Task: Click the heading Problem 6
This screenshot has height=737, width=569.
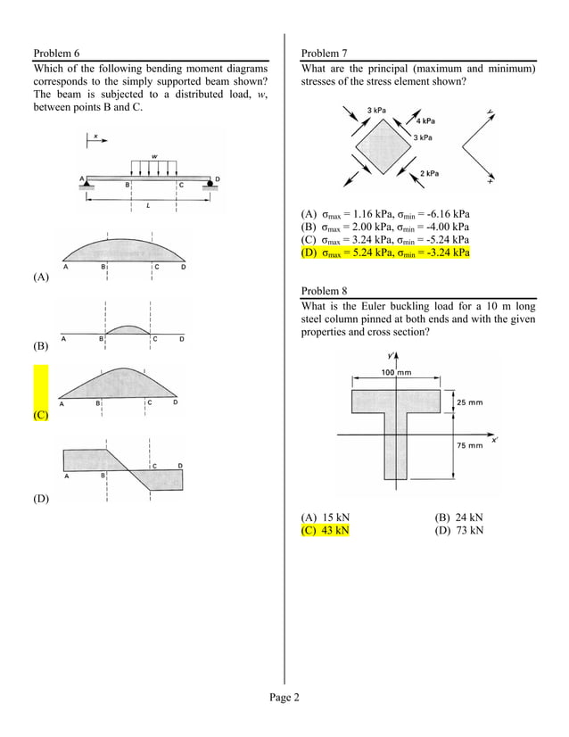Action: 62,54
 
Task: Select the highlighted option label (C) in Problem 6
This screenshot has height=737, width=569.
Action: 41,416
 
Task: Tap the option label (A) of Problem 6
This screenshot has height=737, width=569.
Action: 41,277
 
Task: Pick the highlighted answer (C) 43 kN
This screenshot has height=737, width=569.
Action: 326,530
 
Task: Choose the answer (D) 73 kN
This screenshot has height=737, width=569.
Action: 458,530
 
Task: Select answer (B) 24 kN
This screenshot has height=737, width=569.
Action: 458,517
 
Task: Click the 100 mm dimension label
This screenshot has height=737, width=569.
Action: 396,371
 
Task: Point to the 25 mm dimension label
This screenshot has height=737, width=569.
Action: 470,402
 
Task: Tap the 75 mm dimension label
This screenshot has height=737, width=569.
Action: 470,444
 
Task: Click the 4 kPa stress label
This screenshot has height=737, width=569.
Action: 426,120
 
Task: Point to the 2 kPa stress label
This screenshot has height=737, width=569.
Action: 429,173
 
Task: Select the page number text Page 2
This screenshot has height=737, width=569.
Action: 284,698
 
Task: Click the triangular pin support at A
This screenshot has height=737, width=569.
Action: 88,183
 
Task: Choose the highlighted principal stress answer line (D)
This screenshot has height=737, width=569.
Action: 386,253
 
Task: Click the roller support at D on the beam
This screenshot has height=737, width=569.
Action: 211,185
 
